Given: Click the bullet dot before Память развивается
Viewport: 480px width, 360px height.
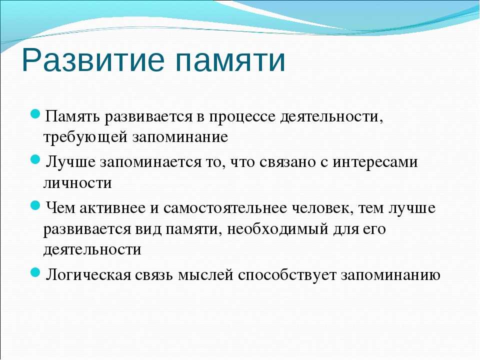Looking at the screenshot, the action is pos(35,114).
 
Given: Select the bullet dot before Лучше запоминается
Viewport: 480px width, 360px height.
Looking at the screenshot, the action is pos(35,159).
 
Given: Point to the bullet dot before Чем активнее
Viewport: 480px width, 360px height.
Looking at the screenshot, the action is pos(35,205).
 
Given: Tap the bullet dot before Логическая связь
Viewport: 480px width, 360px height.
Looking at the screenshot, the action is pos(35,272).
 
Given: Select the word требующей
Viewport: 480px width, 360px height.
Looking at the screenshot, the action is pos(85,137).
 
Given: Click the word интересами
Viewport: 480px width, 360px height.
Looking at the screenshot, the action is pos(375,162).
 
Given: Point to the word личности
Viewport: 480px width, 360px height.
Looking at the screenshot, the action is pos(78,183).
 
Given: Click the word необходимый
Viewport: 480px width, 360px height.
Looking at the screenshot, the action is pos(277,229).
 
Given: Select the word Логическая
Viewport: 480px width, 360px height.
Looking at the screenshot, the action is pos(88,275).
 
